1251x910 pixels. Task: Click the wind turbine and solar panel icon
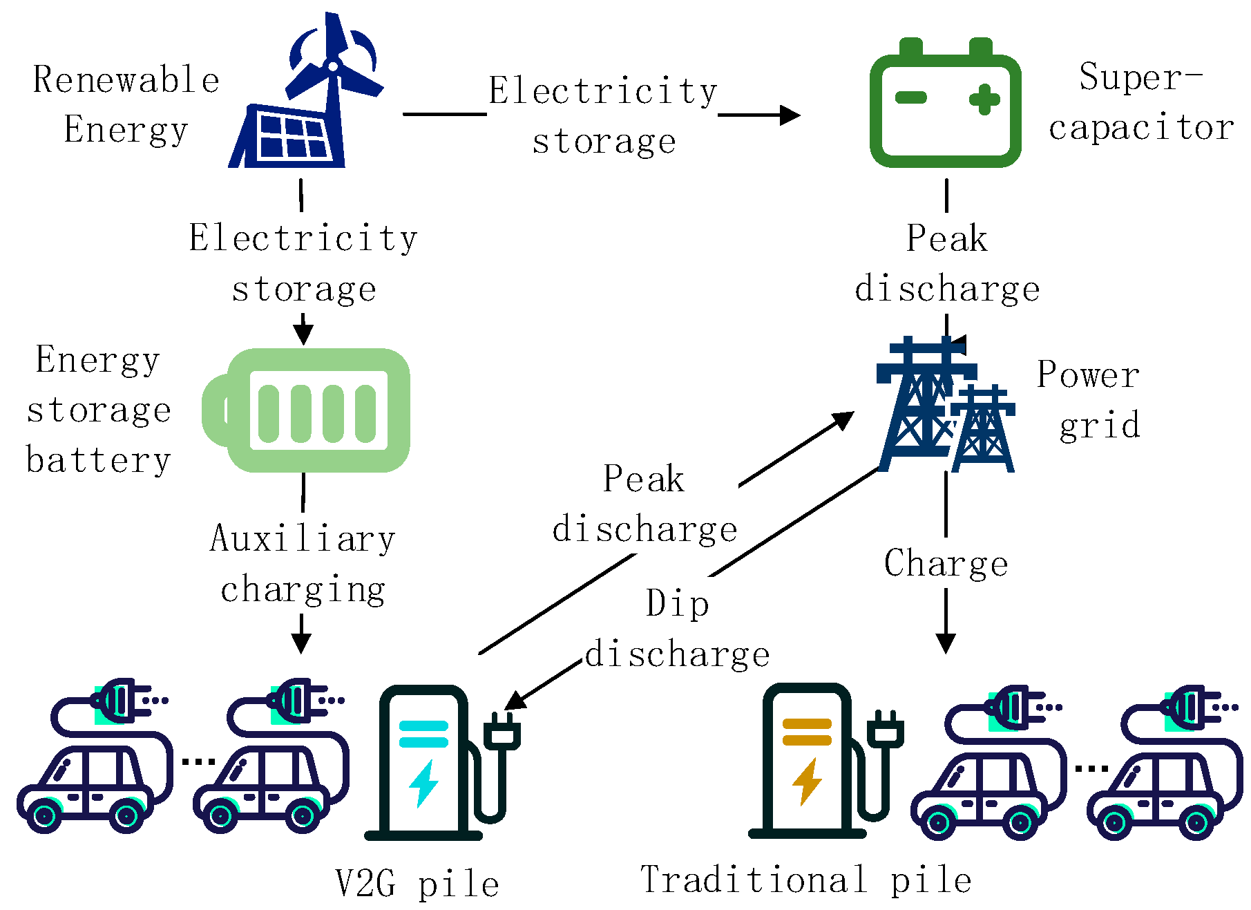coord(304,97)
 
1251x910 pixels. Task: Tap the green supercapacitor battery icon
coord(945,107)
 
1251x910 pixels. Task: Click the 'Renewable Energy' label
coord(126,104)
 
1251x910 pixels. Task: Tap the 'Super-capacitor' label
coord(1141,102)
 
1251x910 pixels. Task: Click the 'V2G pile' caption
coord(417,884)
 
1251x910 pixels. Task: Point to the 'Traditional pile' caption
coord(806,880)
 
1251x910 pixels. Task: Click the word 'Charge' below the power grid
coord(946,563)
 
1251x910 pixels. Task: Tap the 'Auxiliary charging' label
coord(303,563)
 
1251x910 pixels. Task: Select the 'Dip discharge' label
coord(677,629)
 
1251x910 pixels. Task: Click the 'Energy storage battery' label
coord(98,410)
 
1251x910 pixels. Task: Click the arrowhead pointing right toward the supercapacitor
coord(790,115)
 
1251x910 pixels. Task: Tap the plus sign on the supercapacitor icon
coord(984,99)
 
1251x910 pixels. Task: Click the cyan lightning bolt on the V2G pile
coord(423,783)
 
